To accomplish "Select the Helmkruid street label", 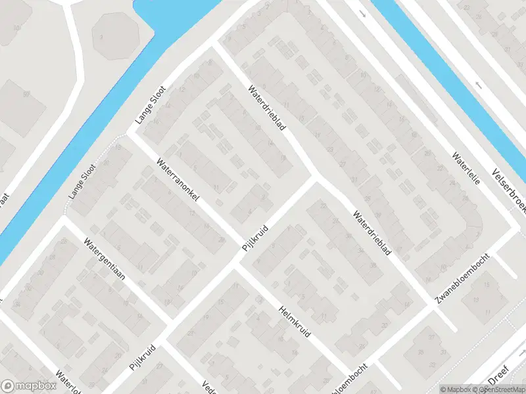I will tap(295, 322).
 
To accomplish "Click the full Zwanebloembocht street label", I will tap(464, 278).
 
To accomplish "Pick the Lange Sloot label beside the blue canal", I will tap(151, 104).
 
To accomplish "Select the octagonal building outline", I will tap(116, 33).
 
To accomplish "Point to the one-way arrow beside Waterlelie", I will tap(478, 85).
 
